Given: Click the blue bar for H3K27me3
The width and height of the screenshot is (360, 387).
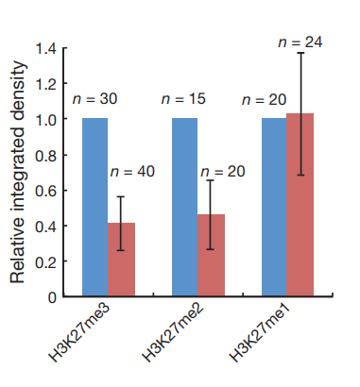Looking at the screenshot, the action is click(x=94, y=207).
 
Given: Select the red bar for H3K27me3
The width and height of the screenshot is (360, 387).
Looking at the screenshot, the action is click(x=121, y=260).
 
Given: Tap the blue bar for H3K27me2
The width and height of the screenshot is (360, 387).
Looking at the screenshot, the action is click(x=184, y=207).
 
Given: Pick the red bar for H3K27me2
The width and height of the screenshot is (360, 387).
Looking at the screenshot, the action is click(x=211, y=255).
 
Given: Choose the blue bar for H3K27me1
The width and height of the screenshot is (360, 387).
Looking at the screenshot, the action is click(x=274, y=207).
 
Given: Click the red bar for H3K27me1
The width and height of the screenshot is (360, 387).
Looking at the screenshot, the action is click(x=300, y=205).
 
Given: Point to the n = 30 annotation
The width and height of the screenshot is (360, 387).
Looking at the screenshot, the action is click(x=94, y=99).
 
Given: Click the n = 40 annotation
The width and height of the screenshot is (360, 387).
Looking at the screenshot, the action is click(x=132, y=172).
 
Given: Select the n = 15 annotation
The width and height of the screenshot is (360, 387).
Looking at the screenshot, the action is click(x=183, y=99).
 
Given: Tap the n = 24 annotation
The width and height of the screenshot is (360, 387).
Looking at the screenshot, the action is click(x=300, y=42).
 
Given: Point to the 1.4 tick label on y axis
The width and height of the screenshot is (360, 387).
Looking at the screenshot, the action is click(x=46, y=49).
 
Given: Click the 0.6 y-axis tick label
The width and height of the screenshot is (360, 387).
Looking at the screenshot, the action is click(x=45, y=191).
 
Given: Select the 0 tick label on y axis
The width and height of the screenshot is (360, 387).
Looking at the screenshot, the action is click(x=52, y=297).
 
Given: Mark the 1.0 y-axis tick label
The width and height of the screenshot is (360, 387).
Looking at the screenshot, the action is click(x=46, y=120).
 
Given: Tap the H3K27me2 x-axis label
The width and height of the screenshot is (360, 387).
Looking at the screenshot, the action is click(x=173, y=332).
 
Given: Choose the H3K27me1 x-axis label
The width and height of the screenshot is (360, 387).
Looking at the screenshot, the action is click(x=260, y=332).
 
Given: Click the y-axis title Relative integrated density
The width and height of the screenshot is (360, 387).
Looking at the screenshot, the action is click(x=18, y=172).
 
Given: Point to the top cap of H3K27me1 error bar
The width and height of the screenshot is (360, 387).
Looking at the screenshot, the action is click(x=300, y=53).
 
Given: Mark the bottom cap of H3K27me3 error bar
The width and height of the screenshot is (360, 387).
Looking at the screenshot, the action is click(x=121, y=250).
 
